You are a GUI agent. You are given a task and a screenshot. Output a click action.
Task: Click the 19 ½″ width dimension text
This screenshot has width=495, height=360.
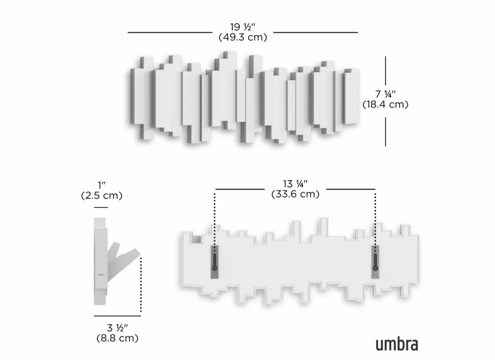242,27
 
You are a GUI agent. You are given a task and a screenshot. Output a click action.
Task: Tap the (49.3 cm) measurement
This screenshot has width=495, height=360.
242,37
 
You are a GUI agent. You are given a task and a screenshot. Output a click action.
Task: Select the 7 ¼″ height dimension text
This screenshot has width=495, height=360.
385,94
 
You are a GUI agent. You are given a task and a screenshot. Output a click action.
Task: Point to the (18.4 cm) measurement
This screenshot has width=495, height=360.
385,104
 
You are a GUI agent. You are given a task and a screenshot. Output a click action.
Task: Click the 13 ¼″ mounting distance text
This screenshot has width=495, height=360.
295,184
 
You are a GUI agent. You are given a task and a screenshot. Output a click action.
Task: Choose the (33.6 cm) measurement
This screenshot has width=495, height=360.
295,194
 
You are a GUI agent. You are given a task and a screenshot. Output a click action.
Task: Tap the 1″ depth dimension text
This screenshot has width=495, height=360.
102,185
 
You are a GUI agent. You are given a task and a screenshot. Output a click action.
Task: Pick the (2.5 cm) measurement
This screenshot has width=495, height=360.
102,196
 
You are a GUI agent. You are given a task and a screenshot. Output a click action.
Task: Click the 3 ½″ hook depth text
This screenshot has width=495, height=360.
117,328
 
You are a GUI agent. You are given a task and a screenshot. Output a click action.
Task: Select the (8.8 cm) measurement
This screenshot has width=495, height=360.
117,338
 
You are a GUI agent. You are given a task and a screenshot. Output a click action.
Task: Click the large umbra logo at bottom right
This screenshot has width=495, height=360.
396,344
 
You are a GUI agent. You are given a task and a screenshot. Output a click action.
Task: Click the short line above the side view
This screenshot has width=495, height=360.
101,208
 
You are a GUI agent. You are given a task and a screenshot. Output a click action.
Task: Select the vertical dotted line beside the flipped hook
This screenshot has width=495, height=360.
141,284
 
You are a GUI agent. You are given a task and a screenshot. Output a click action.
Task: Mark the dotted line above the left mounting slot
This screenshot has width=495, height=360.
215,218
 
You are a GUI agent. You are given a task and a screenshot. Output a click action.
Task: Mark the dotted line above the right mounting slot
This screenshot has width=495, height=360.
375,218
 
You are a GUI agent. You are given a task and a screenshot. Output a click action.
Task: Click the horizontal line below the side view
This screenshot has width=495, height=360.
117,316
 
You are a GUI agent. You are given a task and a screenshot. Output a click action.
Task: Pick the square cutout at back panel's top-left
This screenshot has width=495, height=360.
197,239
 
